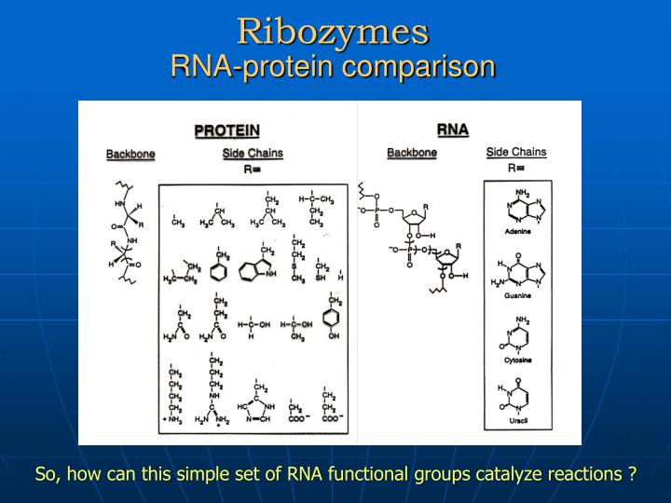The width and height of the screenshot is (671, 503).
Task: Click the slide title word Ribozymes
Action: [x=333, y=31]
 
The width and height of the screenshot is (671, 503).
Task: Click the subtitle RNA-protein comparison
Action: [x=333, y=67]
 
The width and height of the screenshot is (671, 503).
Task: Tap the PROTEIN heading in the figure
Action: [x=226, y=130]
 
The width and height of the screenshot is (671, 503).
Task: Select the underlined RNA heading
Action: [x=452, y=129]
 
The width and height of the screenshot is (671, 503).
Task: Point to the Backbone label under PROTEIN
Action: [x=130, y=154]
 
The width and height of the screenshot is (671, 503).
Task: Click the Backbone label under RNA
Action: [x=411, y=153]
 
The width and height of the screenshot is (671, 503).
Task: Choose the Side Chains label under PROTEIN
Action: [x=253, y=153]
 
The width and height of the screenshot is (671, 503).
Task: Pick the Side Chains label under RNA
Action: [x=516, y=152]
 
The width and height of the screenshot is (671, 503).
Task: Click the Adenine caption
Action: [x=517, y=230]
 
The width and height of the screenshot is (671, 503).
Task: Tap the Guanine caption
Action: [x=517, y=295]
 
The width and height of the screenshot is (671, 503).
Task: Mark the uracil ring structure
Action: [x=516, y=397]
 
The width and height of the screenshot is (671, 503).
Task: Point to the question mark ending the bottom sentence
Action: [x=632, y=474]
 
